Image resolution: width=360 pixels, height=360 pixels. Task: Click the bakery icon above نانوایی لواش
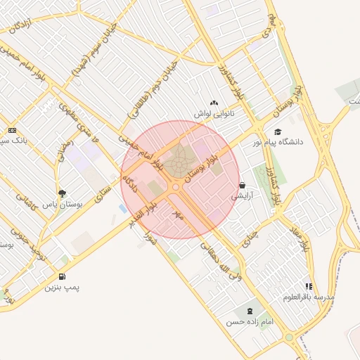214,103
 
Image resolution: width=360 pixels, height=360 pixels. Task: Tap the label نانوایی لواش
214,112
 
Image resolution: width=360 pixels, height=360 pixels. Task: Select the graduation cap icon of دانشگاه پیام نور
278,131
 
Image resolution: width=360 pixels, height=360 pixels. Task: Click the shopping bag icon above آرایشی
243,186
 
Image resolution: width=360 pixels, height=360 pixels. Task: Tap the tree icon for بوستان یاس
63,192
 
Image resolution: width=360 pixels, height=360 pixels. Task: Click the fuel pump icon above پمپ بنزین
63,277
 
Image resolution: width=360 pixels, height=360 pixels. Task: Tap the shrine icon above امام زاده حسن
250,311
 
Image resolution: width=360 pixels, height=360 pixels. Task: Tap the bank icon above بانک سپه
12,131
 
